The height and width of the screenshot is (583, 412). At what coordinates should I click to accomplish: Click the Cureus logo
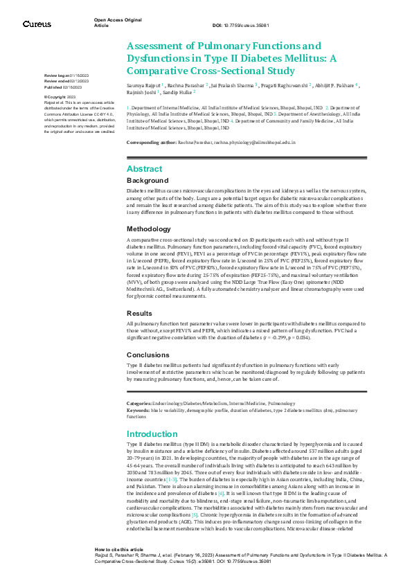click(x=37, y=24)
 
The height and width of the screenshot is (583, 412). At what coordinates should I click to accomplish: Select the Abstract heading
click(x=144, y=169)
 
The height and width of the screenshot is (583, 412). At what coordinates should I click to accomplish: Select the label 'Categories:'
click(x=138, y=403)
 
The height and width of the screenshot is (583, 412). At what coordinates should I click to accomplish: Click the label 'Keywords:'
click(x=138, y=409)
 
